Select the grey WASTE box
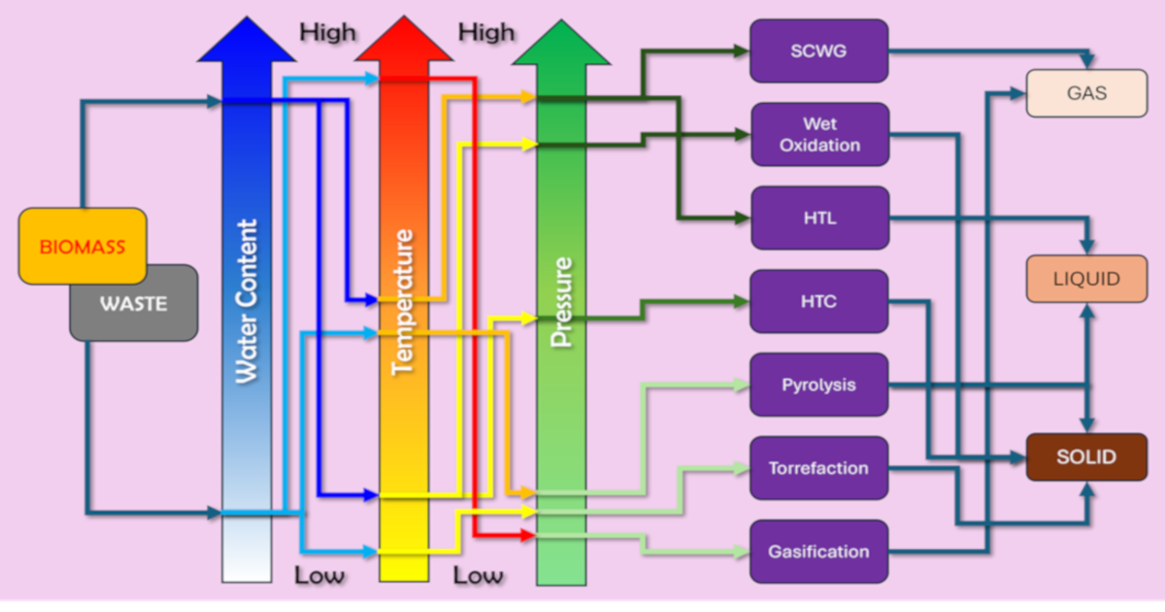point(134,304)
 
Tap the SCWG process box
point(818,51)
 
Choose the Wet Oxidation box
point(819,134)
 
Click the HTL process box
point(819,218)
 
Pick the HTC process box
point(818,301)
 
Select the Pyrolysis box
point(818,385)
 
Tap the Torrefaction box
point(818,468)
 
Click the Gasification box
point(818,552)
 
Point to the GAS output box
point(1086,94)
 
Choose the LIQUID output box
point(1086,279)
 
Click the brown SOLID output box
point(1086,457)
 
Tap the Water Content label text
point(248,301)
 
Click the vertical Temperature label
point(403,301)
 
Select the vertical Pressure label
point(561,301)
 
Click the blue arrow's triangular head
point(248,41)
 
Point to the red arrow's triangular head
point(404,41)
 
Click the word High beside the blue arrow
point(327,32)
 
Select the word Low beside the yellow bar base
point(478,575)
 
